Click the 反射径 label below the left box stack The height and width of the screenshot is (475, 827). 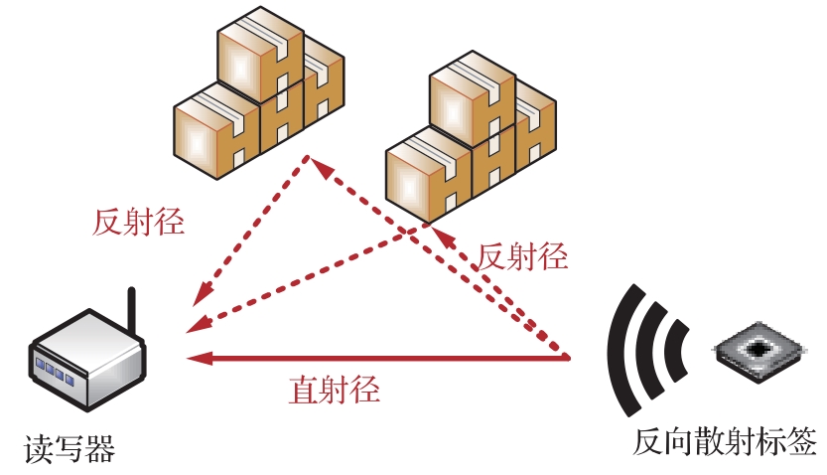point(139,222)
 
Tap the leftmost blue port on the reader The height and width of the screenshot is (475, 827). point(42,362)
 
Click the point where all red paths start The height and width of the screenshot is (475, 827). point(569,356)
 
